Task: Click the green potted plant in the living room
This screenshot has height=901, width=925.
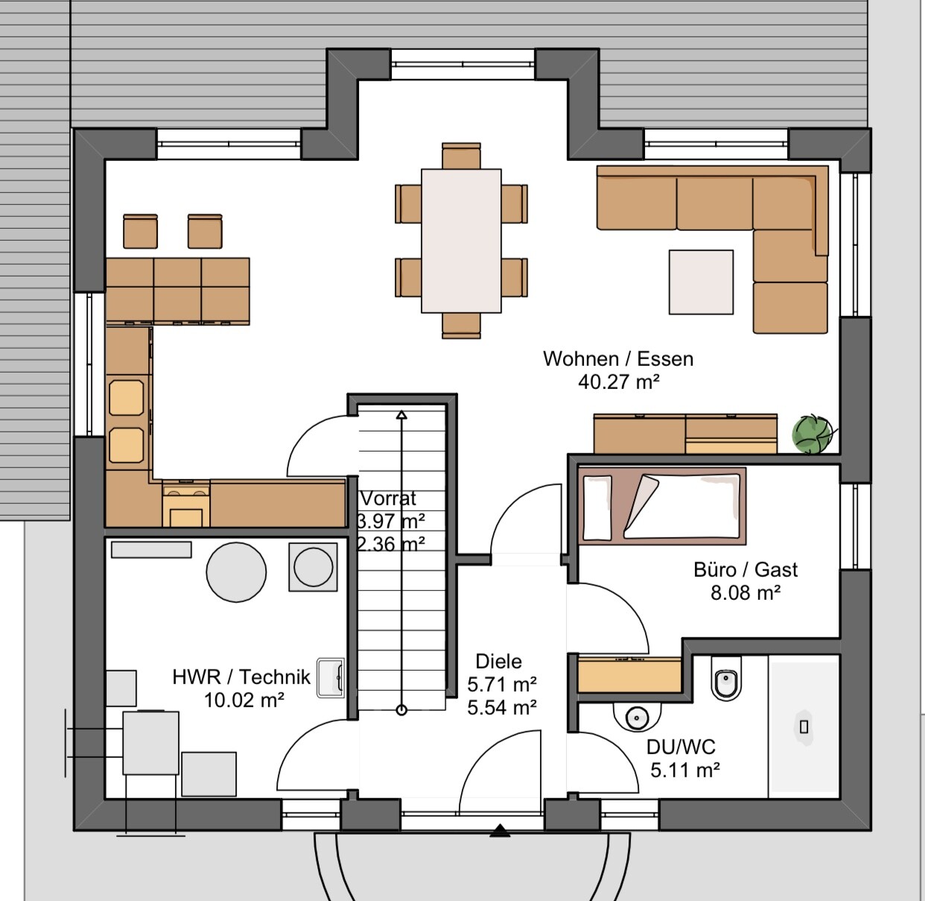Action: point(812,434)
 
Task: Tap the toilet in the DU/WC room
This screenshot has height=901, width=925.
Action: point(726,678)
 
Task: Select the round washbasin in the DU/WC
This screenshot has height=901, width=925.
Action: point(637,716)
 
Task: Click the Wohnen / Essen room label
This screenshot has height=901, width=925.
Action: point(618,358)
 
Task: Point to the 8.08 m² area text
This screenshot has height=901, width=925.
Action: point(746,592)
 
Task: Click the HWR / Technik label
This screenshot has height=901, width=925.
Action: point(241,677)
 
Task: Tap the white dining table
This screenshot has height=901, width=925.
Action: point(461,241)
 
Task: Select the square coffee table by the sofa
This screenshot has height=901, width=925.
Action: point(701,282)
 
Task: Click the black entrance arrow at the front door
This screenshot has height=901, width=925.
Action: point(500,832)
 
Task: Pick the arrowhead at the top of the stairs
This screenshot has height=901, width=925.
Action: point(401,415)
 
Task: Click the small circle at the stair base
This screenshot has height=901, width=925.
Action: point(401,710)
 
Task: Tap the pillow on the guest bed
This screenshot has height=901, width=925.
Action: point(597,508)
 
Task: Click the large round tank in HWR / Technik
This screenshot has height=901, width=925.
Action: point(236,572)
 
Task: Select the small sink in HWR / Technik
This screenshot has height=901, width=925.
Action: point(331,678)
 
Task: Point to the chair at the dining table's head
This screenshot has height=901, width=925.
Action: point(461,156)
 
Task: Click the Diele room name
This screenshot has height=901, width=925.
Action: point(499,661)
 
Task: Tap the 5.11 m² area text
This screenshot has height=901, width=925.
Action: point(685,770)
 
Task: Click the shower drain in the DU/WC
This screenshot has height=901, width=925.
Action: point(804,727)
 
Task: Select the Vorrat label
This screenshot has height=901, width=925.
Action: point(388,499)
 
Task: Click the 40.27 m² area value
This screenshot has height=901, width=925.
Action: point(619,382)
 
